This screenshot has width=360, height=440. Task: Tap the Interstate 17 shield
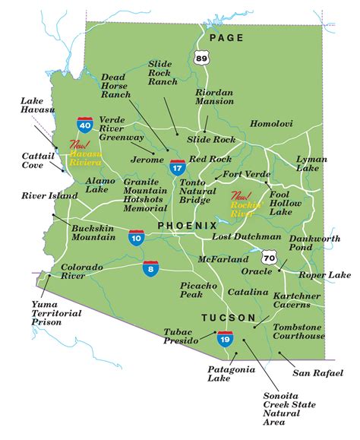[x=177, y=167]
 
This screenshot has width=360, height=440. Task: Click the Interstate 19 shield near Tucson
[x=225, y=338]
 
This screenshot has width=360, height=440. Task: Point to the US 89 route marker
[x=201, y=58]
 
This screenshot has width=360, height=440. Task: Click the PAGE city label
[x=227, y=37]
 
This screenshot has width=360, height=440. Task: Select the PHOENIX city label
[x=188, y=226]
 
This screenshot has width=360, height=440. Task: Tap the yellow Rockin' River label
[x=248, y=199]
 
